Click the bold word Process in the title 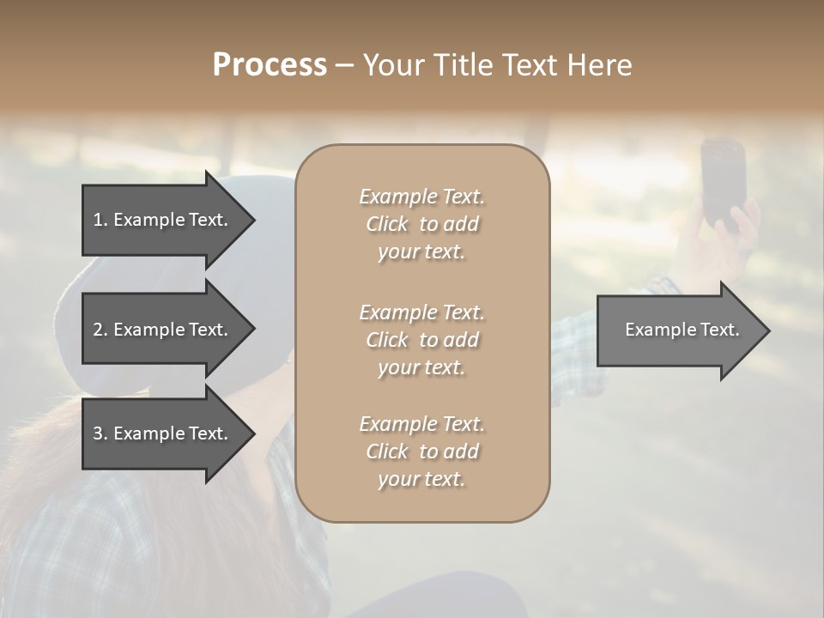click(270, 65)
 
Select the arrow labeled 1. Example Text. click(163, 220)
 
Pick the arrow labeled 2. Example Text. click(163, 330)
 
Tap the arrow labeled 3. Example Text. click(163, 433)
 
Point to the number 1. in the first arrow click(100, 220)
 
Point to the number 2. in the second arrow click(100, 330)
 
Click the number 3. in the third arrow click(100, 433)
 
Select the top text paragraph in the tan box click(421, 224)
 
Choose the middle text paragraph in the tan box click(421, 340)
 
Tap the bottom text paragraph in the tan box click(421, 451)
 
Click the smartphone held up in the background click(722, 182)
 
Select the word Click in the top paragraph click(387, 225)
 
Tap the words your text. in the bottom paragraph click(421, 480)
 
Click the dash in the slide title click(344, 65)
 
